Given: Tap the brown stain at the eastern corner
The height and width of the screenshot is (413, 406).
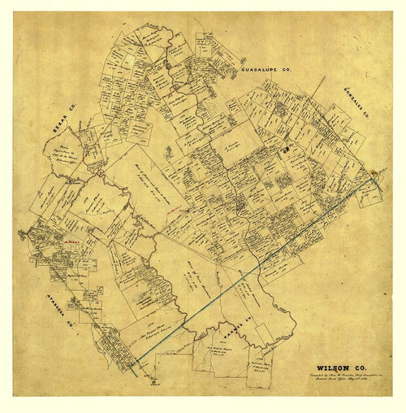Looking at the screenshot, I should pos(374,172).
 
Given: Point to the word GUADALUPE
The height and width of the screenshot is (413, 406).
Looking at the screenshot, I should pos(260,72).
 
